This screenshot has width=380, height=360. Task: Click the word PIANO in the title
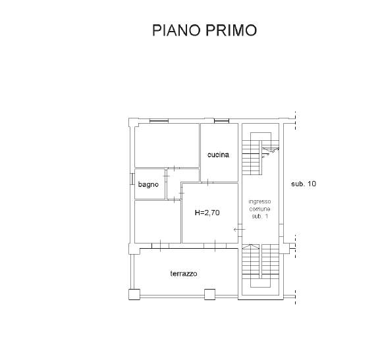tap(176, 30)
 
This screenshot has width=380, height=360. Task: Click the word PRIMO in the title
tap(231, 30)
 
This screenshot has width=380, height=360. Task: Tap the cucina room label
tap(218, 155)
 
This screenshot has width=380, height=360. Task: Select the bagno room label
tap(148, 184)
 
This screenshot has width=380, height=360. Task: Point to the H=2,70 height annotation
tap(207, 213)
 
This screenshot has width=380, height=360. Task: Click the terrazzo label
tap(184, 274)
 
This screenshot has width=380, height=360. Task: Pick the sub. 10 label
tap(304, 184)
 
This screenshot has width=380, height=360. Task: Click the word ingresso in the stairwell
tap(259, 201)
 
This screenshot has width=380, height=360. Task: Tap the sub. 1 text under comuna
tap(259, 217)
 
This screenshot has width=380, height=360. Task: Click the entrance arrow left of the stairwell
tap(240, 229)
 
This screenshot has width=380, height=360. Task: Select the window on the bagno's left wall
tap(132, 179)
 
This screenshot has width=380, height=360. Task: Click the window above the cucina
tap(221, 120)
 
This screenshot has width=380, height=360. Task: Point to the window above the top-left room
tap(159, 120)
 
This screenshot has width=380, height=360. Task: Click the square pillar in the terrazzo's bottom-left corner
tap(134, 294)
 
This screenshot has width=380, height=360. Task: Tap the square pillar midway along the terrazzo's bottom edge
tap(210, 294)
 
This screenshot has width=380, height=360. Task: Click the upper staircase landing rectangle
tap(261, 136)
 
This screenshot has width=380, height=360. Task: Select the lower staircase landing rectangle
tap(261, 283)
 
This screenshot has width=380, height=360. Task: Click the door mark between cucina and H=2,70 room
tap(208, 182)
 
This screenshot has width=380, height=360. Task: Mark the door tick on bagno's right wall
tap(166, 176)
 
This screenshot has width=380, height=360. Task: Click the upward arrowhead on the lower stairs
tap(251, 247)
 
